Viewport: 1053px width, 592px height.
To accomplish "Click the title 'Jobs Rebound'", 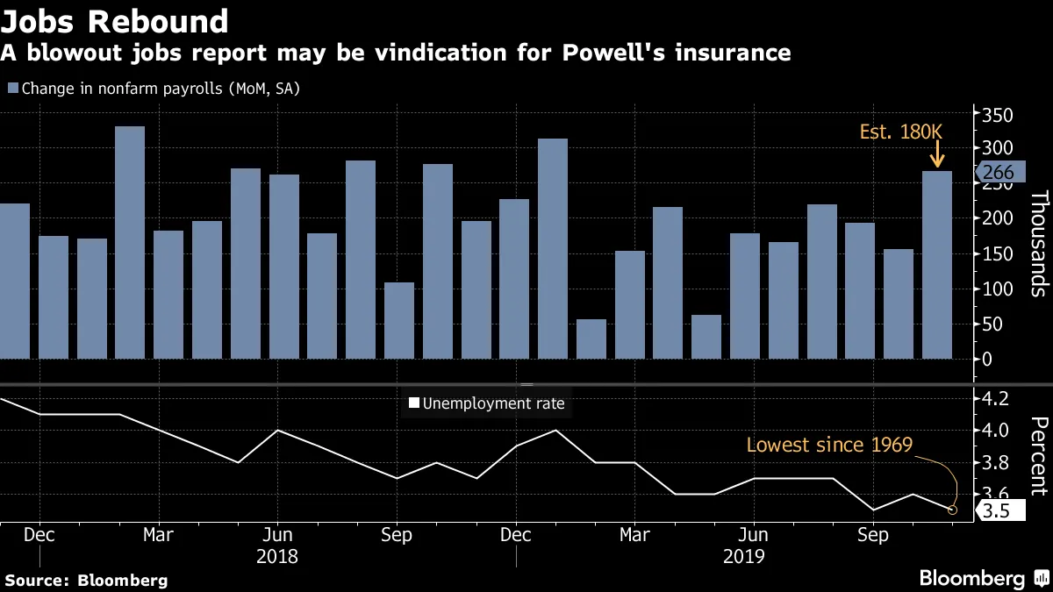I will pos(115,20).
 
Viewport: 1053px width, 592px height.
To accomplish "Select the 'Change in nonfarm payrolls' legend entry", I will pos(154,89).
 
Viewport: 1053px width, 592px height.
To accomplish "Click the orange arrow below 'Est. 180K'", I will pos(936,156).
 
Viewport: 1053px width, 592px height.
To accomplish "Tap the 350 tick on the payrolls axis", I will pos(997,116).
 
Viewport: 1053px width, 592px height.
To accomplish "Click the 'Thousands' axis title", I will pos(1037,244).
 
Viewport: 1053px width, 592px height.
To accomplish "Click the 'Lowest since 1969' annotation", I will pos(829,445).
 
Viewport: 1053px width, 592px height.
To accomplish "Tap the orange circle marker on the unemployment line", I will pos(953,510).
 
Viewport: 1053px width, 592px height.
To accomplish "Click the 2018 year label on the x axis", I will pos(277,556).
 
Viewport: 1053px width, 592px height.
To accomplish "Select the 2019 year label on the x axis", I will pos(744,556).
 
